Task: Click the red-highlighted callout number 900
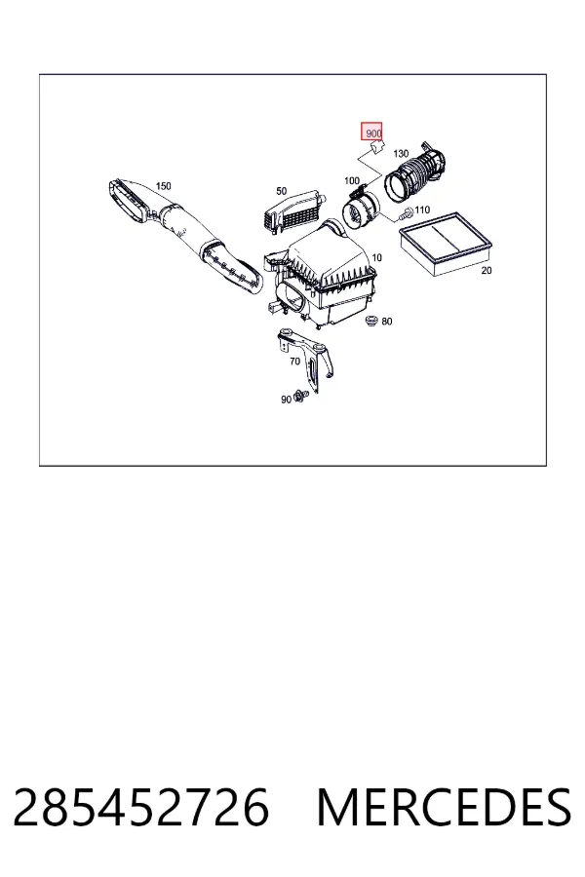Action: [x=372, y=133]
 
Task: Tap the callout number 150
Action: [x=164, y=186]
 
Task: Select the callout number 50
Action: [x=282, y=191]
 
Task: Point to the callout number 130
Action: [x=401, y=154]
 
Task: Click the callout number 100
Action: [x=352, y=180]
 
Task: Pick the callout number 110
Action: [x=422, y=210]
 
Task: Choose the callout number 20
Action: [x=487, y=270]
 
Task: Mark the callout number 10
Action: [x=376, y=258]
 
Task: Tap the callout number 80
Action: [x=387, y=321]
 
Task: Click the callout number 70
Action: [x=295, y=362]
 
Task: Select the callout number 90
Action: [x=286, y=400]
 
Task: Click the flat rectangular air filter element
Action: [x=446, y=243]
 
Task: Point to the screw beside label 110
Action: [x=406, y=213]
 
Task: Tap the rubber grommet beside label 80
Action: [x=370, y=321]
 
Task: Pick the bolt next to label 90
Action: [x=300, y=397]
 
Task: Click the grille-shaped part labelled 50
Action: [x=292, y=213]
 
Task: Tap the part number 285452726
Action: [x=141, y=807]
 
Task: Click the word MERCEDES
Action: [x=444, y=807]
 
